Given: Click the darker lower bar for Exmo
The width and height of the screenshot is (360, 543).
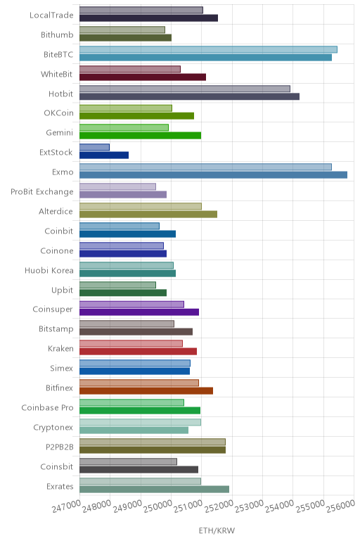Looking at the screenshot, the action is (x=213, y=175).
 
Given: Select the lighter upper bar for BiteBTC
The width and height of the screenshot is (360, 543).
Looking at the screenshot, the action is (x=208, y=49).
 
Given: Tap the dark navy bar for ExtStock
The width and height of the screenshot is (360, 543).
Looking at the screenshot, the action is (x=104, y=155).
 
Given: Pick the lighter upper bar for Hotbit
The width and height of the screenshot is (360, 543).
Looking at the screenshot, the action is (x=185, y=89).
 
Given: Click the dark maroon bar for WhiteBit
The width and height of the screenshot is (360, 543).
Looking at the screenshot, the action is (x=143, y=77).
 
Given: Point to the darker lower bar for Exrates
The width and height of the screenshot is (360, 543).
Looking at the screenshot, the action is (x=155, y=489).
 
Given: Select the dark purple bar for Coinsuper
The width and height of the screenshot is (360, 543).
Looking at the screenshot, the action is (x=139, y=312).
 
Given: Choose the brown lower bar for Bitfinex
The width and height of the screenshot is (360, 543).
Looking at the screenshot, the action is (x=146, y=390).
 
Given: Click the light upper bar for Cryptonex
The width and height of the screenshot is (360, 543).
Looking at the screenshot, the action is (x=140, y=422).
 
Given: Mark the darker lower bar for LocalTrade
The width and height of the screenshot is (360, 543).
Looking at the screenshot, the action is (x=149, y=18).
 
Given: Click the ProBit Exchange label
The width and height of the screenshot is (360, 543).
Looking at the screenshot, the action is (x=42, y=192).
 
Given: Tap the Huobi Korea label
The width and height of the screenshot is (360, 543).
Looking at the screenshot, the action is (x=49, y=271).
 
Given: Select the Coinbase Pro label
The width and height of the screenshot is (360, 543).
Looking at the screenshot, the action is (x=47, y=407).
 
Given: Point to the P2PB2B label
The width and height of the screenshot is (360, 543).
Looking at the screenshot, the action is (x=60, y=447).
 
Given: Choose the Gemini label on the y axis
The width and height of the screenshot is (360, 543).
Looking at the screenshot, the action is (x=60, y=133).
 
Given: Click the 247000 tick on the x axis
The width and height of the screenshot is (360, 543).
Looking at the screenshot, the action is (x=67, y=506).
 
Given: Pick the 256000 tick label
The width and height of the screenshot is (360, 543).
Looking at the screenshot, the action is (x=340, y=506).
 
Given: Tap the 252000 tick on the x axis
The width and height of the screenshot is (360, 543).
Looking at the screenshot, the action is (x=219, y=506).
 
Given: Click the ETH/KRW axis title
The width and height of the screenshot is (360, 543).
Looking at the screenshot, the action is (x=217, y=530).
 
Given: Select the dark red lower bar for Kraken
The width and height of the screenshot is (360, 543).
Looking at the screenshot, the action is (x=138, y=352).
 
